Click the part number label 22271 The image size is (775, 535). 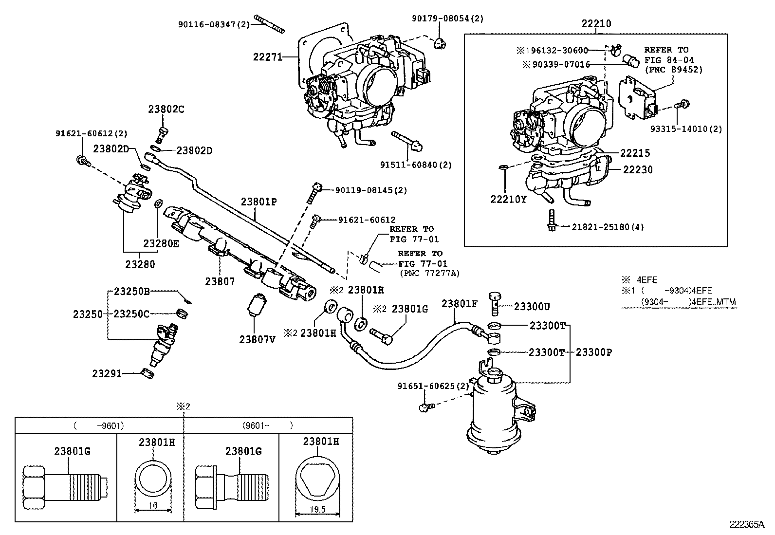(x=267, y=56)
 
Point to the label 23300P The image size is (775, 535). (x=593, y=352)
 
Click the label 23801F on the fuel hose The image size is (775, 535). (x=460, y=303)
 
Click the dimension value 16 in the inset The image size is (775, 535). (x=153, y=505)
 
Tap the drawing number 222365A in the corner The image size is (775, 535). (x=747, y=524)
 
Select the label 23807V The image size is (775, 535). (x=257, y=339)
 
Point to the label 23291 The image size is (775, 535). (x=107, y=373)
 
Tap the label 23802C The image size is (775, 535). (x=166, y=110)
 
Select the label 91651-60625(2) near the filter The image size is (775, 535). (x=433, y=386)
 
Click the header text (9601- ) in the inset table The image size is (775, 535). (x=267, y=425)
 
